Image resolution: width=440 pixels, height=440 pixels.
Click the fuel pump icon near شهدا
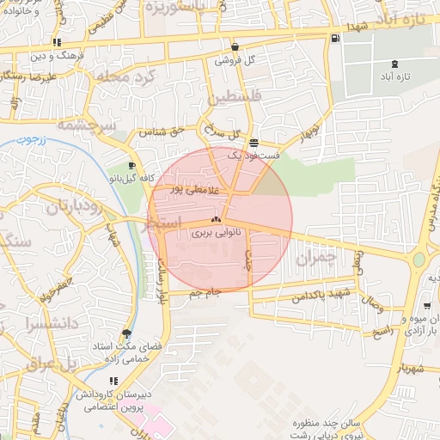point(334,37)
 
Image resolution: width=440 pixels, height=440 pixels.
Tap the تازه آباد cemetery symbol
point(394,64)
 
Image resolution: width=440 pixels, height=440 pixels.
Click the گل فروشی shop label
point(240,60)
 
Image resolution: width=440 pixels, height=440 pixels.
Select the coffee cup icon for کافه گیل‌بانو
point(131,165)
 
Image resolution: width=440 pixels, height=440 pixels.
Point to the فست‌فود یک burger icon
point(253,143)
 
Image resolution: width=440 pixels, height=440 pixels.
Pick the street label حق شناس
point(165,131)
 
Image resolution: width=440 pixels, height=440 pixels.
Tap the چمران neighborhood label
point(312,257)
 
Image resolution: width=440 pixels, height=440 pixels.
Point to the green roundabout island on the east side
point(419,260)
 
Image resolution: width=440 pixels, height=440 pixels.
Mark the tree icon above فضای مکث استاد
point(128,333)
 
